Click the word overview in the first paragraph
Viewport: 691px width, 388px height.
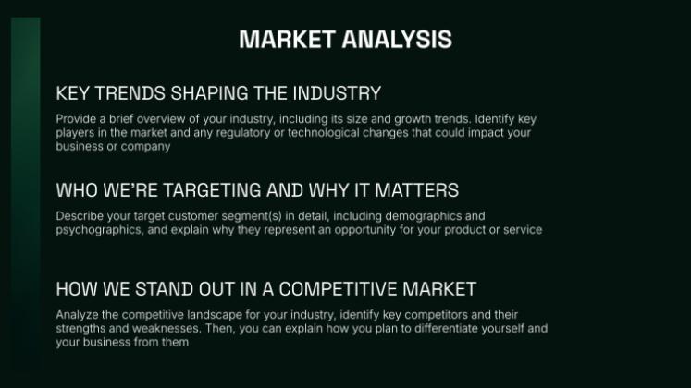pyautogui.click(x=154, y=119)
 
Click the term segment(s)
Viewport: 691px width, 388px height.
pyautogui.click(x=243, y=216)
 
